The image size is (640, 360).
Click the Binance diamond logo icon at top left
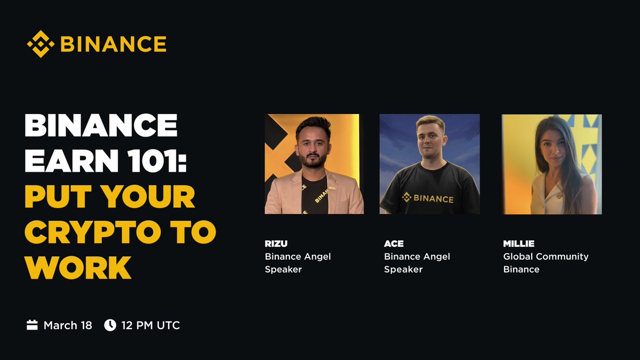coord(41,44)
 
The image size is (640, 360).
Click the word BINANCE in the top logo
coord(113,44)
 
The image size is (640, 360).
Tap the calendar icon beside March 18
coord(32,325)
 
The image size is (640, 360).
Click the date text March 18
coord(68,325)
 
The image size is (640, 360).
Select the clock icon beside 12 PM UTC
coord(110,325)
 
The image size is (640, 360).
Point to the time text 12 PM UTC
coord(150,325)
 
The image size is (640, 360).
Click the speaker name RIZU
coord(276,244)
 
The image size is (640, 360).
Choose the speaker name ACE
coord(394,244)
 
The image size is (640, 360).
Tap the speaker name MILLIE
coord(519,244)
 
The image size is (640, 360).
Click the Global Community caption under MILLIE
coord(546,257)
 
